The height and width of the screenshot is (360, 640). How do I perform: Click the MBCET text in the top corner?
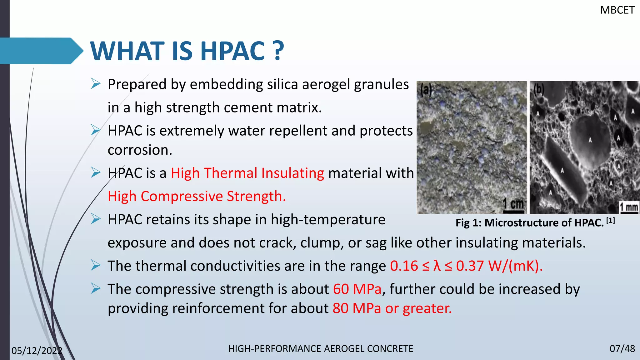point(617,10)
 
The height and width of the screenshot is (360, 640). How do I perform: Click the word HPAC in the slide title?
point(232,51)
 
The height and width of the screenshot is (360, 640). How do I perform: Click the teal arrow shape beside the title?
point(41,51)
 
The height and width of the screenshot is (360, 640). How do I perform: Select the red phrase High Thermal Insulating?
point(247,173)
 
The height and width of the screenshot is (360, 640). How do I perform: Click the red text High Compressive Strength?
point(197,197)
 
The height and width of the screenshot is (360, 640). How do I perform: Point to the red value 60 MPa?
point(357,289)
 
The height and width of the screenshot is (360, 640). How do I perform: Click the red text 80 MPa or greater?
point(392,308)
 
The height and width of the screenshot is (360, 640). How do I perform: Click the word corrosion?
point(140,150)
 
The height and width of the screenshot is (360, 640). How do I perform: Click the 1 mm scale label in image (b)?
point(629,207)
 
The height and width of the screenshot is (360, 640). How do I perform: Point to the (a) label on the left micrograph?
point(426,90)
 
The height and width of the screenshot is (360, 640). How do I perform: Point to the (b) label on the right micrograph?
point(538,89)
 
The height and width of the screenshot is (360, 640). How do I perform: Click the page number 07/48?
point(622,349)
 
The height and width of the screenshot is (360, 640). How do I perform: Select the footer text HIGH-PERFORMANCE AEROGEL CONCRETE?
point(321,349)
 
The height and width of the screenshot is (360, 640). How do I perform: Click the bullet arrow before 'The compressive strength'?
point(96,289)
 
